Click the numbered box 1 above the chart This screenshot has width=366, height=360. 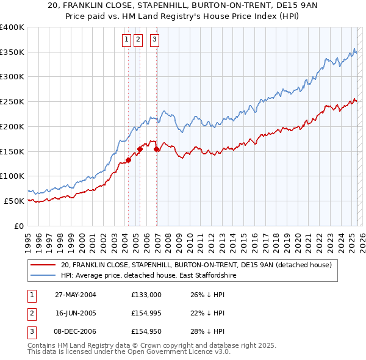coord(126,40)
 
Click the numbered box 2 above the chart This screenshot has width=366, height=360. coord(138,40)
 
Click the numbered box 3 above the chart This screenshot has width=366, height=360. coord(154,40)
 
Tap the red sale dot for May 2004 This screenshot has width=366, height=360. coord(129,160)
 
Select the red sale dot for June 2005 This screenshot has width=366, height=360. coord(140,148)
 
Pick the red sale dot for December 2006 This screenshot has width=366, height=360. coord(157,148)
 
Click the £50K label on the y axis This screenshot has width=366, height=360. coord(14,201)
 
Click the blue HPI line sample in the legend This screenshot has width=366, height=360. coord(44,276)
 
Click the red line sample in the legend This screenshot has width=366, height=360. coord(44,265)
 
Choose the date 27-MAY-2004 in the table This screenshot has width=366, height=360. coord(76,295)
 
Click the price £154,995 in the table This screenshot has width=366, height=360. coord(146,313)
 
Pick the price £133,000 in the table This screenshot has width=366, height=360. coord(146,295)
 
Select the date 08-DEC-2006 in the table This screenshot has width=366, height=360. coord(76,331)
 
